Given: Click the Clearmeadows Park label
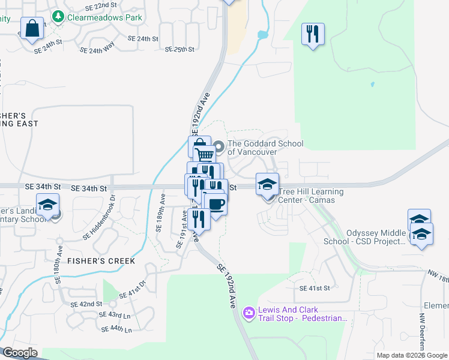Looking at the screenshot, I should pyautogui.click(x=105, y=17).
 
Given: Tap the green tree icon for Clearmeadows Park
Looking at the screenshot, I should pyautogui.click(x=58, y=17).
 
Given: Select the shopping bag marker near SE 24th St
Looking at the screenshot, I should pyautogui.click(x=32, y=28).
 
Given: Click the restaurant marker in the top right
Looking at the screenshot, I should pyautogui.click(x=312, y=33).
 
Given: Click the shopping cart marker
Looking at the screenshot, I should pyautogui.click(x=205, y=155).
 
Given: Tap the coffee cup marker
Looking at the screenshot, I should pyautogui.click(x=215, y=204).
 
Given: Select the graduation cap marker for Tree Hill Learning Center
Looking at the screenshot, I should pyautogui.click(x=268, y=184).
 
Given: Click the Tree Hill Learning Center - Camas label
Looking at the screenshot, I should pyautogui.click(x=311, y=196).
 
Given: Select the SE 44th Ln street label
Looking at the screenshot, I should pyautogui.click(x=116, y=329).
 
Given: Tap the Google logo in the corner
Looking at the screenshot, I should pyautogui.click(x=20, y=353).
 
